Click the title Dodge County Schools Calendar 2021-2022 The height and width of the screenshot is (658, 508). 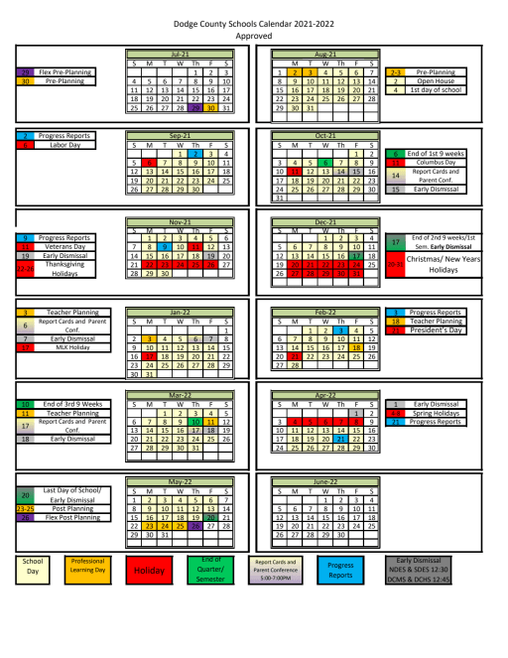pos(253,20)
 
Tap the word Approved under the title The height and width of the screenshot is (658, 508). pos(253,32)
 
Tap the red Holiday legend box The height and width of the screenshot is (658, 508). pos(151,572)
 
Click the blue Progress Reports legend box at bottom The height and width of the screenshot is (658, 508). pos(340,570)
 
